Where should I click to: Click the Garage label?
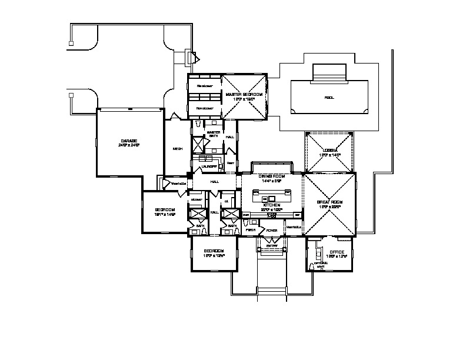pos(129,141)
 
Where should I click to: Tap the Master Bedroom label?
pos(244,94)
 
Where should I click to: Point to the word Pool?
pos(329,98)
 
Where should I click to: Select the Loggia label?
pos(328,151)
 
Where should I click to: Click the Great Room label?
pos(329,202)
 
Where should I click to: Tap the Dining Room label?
pos(271,176)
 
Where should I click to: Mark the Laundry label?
pos(210,166)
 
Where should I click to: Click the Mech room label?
pos(177,149)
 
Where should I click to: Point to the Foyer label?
pos(271,231)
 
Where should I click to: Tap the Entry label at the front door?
pos(271,246)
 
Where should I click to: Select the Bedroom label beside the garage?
pos(165,210)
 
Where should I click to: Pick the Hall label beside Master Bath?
pos(230,137)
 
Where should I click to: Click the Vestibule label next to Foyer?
pos(293,227)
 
